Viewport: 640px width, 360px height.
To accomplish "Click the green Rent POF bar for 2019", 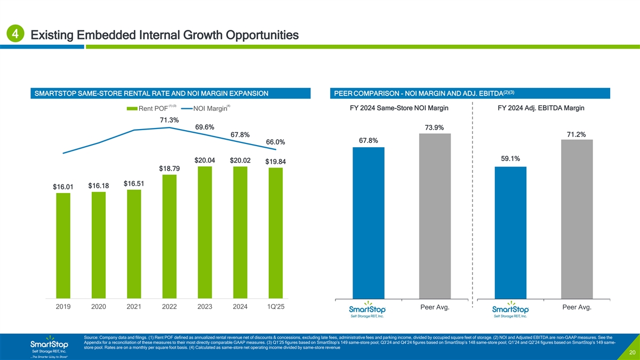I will (63, 245).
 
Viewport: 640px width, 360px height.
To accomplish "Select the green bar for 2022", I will (170, 236).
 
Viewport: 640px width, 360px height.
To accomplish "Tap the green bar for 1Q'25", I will (276, 233).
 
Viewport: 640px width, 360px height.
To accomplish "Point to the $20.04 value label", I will (205, 161).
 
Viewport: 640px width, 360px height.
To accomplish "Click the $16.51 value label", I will (134, 183).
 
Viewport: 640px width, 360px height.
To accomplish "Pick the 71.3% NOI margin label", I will (170, 119).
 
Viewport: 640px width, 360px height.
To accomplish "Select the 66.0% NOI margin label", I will (276, 142).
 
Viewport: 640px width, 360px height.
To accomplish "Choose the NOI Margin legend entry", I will (205, 110).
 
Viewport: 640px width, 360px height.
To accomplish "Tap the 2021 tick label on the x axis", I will (134, 307).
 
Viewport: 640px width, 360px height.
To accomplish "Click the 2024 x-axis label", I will (240, 307).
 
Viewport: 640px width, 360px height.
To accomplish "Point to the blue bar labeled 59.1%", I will (510, 233).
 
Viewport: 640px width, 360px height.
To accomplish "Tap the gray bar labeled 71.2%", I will (577, 219).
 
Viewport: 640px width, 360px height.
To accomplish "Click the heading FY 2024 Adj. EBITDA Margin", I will (541, 108).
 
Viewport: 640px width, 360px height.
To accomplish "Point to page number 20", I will (631, 353).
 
